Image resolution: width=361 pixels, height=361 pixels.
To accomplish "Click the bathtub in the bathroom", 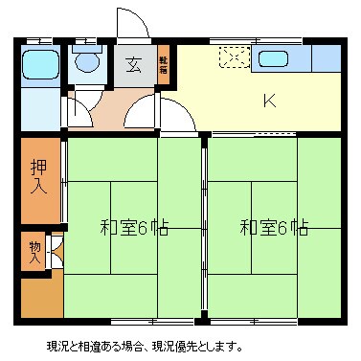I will point(40,66).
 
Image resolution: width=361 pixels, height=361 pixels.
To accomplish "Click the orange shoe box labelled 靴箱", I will point(163,66).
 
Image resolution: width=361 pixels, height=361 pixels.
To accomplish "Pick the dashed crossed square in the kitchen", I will point(234,58).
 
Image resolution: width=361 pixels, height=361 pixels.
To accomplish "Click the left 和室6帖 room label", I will point(135,228).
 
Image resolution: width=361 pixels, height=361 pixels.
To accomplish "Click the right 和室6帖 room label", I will point(274,228).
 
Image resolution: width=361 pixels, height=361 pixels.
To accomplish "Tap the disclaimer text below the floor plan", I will point(144,346).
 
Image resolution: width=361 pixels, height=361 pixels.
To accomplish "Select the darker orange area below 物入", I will point(39,297).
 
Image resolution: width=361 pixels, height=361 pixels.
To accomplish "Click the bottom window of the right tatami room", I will point(274,319).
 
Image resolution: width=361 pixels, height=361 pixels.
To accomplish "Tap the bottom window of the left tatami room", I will point(135,319).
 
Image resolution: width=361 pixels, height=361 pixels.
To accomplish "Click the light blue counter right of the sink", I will point(327,59).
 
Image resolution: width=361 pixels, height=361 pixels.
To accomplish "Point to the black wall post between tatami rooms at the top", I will point(204,138).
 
